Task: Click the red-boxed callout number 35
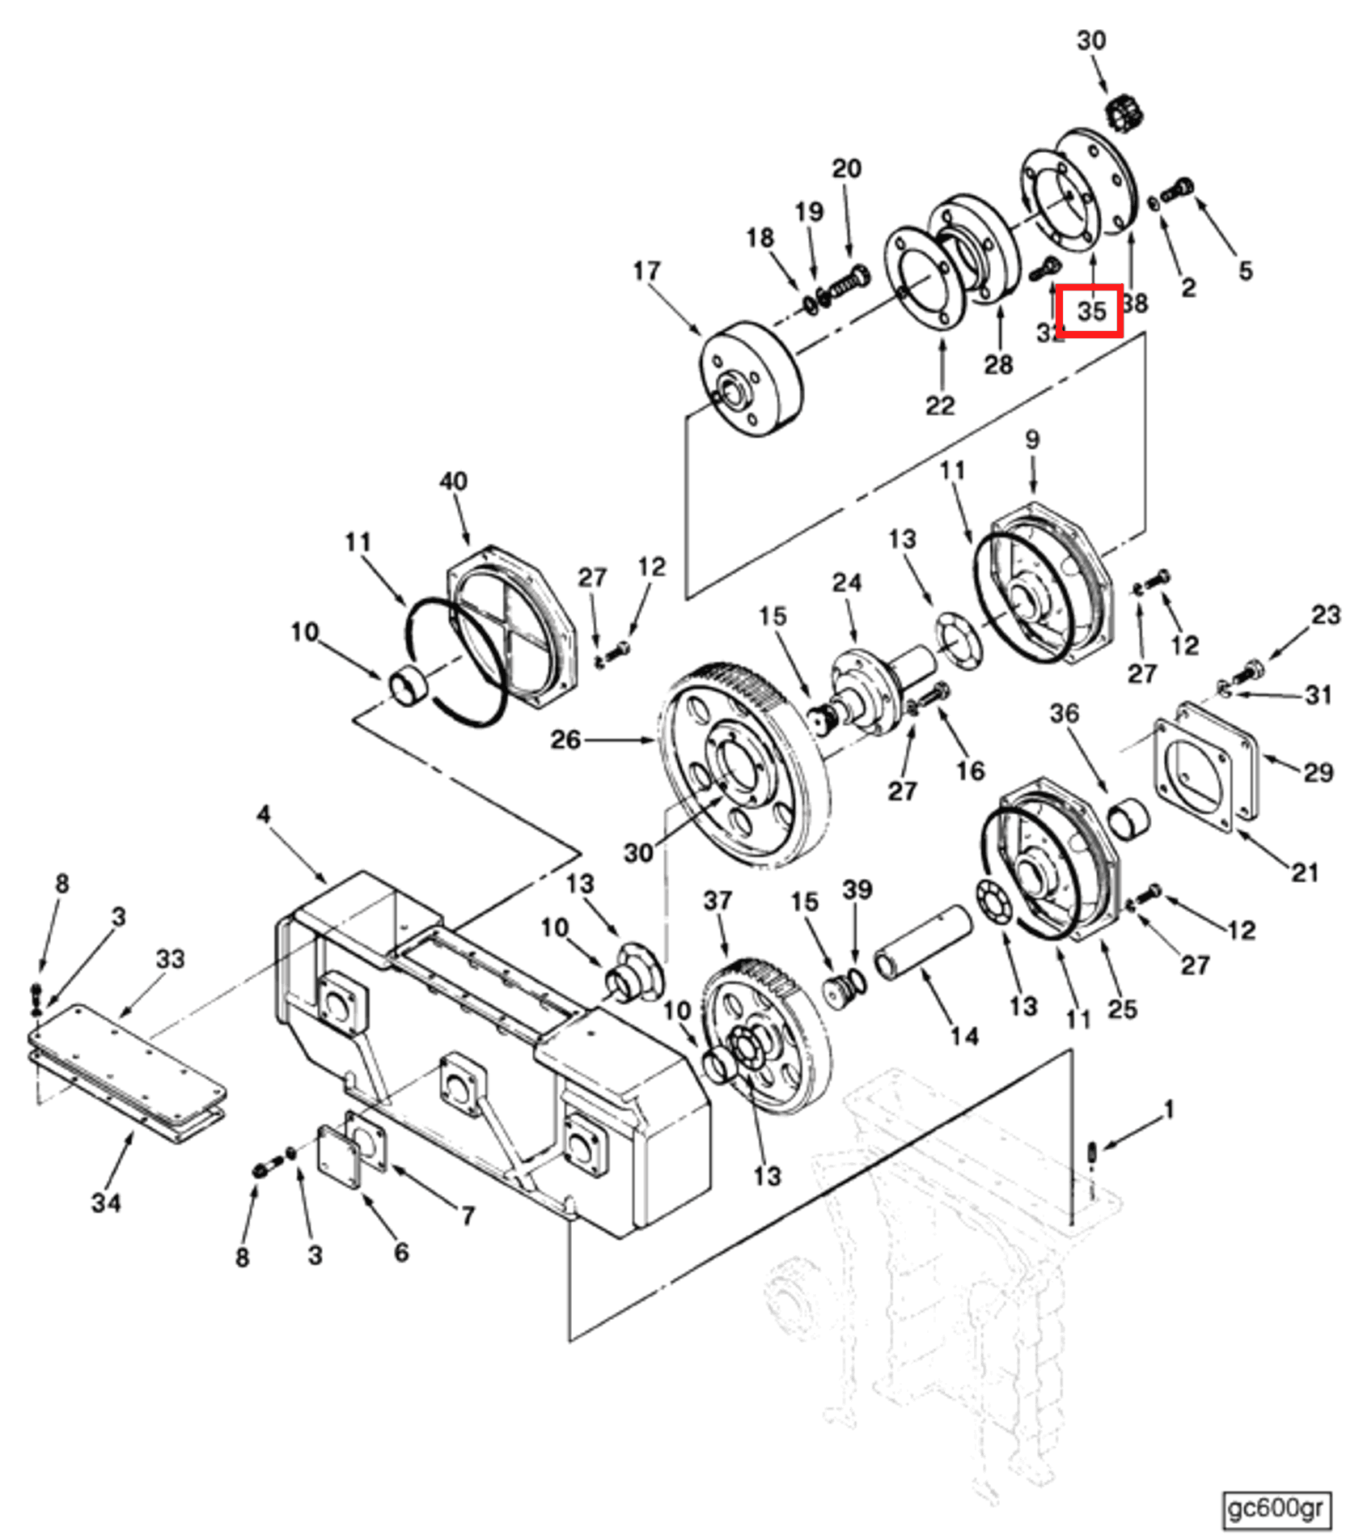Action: (x=1091, y=311)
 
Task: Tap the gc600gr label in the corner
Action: (x=1275, y=1508)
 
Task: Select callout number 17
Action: (x=646, y=271)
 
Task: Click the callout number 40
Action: (x=453, y=482)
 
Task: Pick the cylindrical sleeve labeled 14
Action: (x=922, y=942)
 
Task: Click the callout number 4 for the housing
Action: (x=264, y=814)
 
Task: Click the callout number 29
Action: (x=1318, y=773)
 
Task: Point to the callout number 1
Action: (x=1167, y=1110)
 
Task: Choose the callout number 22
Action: (x=940, y=405)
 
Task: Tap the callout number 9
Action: (x=1031, y=439)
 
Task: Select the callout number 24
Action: (x=847, y=583)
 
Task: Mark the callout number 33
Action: (x=170, y=959)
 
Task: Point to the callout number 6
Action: (x=401, y=1252)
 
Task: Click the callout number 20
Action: (x=847, y=168)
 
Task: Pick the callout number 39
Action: (x=857, y=890)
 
